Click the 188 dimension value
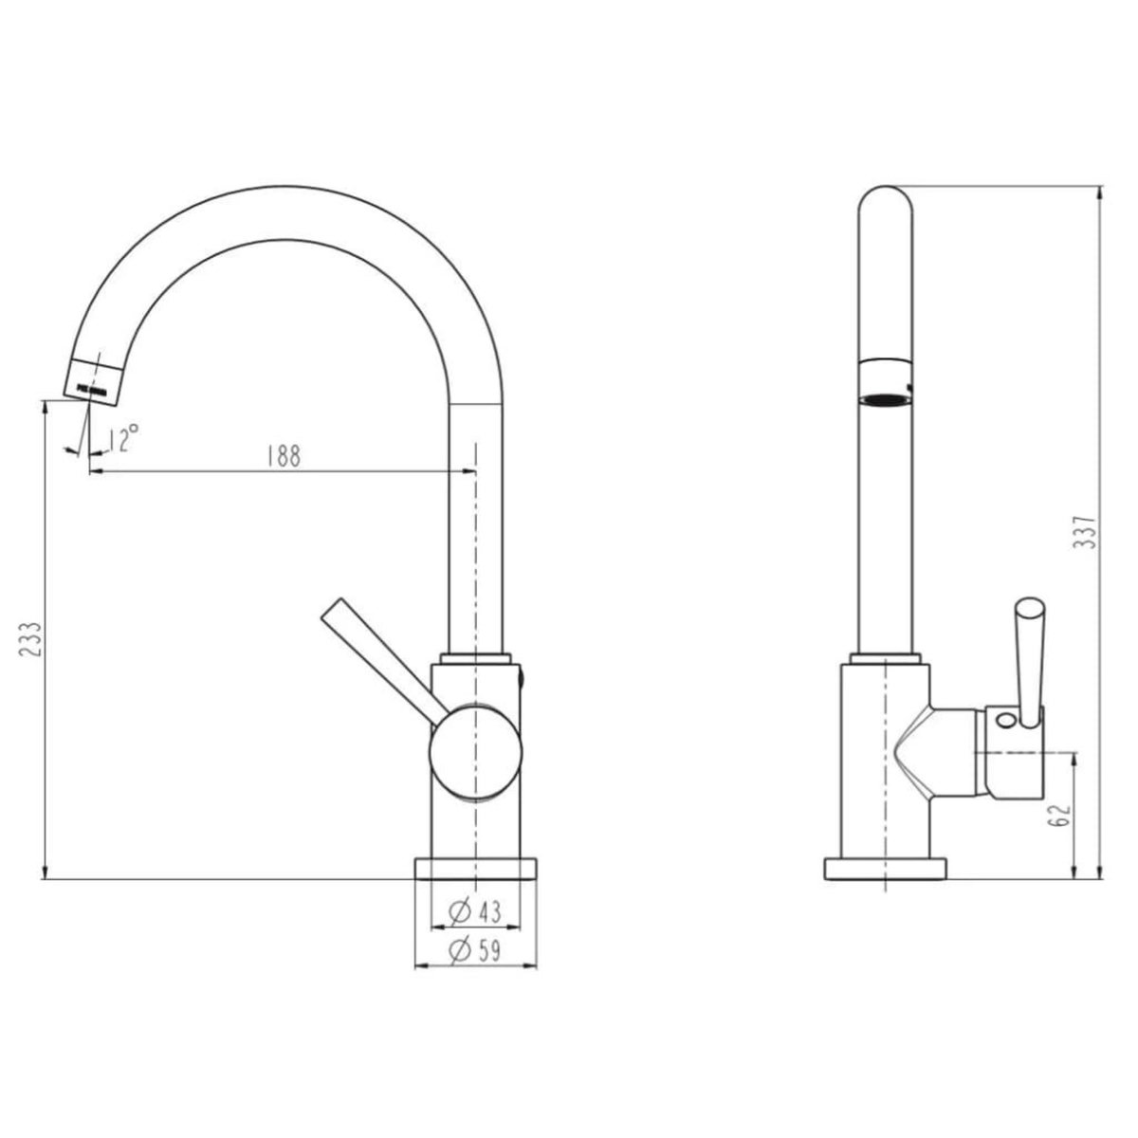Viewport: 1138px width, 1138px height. tap(284, 455)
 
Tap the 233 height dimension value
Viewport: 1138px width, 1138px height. tap(29, 639)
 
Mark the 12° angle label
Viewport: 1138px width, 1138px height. tap(123, 437)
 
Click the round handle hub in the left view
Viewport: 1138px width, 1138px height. tap(476, 752)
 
